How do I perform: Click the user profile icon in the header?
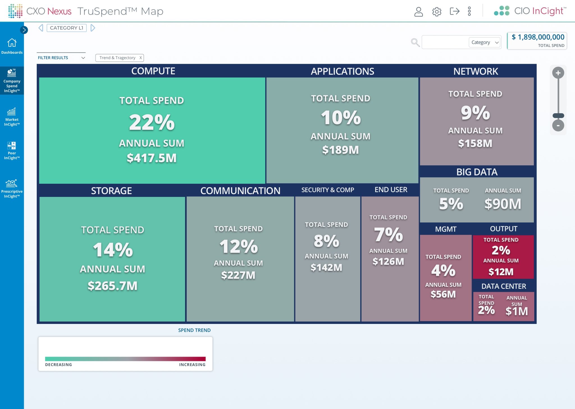[418, 12]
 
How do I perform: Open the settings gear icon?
[437, 12]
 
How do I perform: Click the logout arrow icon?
[454, 11]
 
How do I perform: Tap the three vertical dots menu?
[469, 11]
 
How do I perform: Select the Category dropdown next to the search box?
[485, 42]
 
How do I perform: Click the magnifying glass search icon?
[415, 42]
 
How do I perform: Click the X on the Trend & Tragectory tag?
[141, 58]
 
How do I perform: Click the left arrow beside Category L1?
[41, 28]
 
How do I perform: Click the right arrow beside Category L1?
[93, 28]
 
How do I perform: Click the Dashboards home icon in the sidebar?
[12, 43]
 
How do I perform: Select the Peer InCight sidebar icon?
[12, 146]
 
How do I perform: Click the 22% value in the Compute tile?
[152, 122]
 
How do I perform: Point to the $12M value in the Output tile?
[501, 272]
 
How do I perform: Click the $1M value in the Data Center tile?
[517, 311]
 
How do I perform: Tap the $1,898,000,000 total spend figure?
[538, 37]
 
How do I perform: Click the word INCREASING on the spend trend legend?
[192, 365]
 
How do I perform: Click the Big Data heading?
[477, 172]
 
